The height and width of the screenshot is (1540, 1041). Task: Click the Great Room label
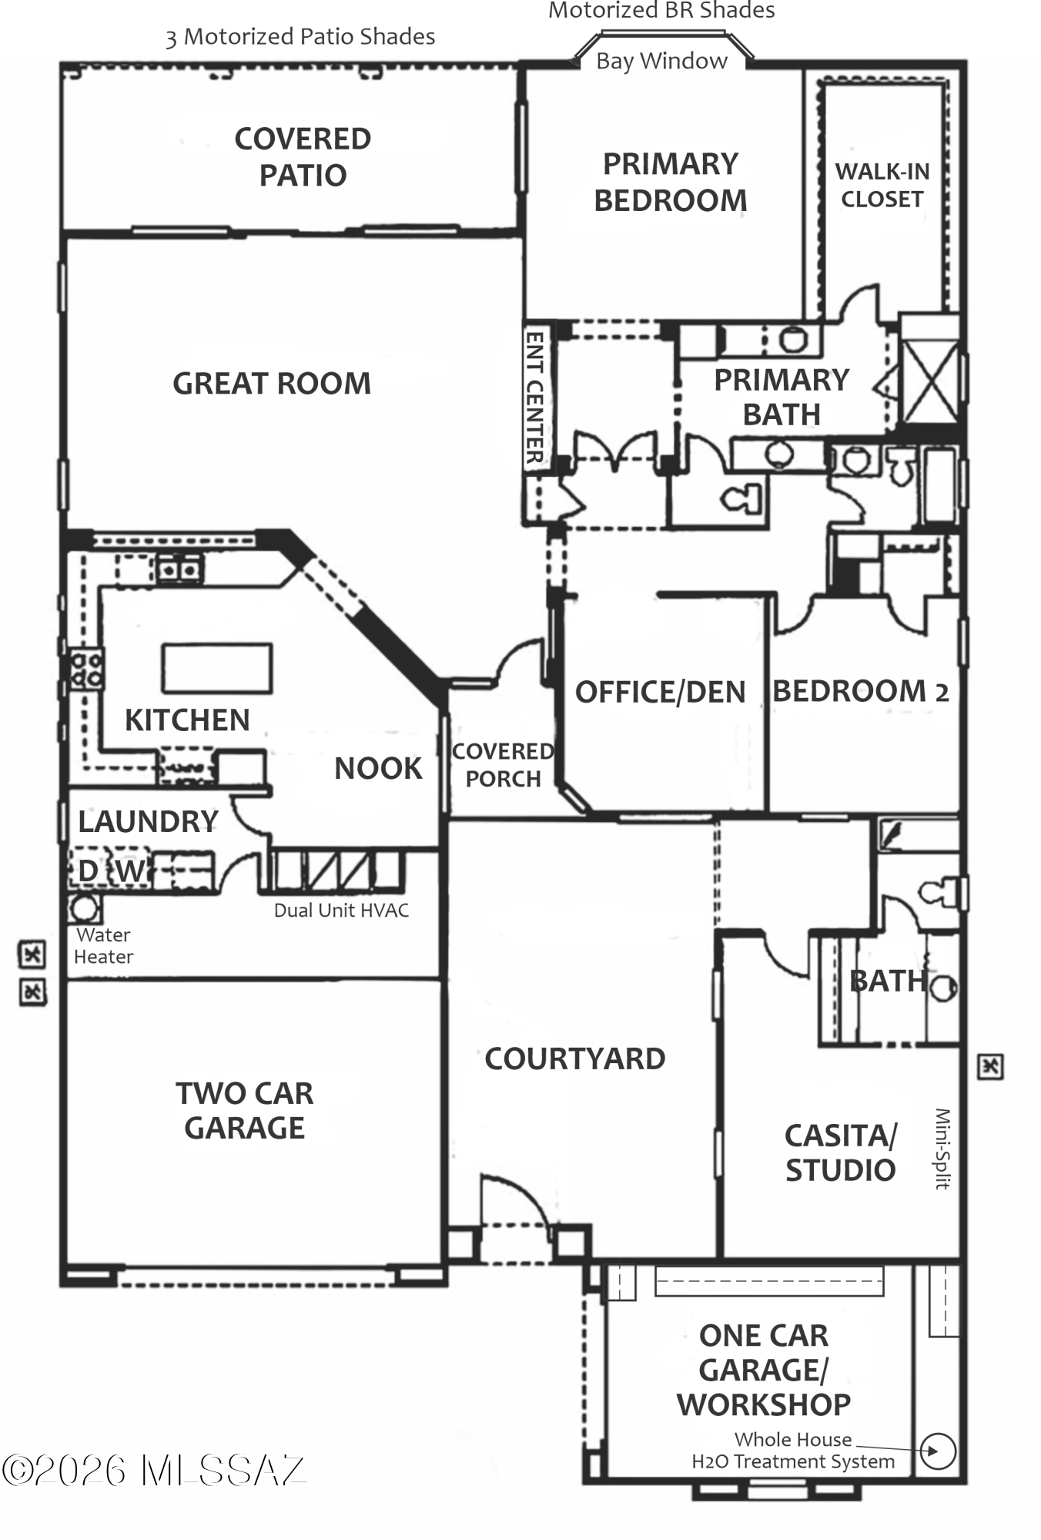pyautogui.click(x=272, y=383)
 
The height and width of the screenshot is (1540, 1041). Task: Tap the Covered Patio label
pyautogui.click(x=303, y=157)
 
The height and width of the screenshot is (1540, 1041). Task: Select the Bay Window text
pyautogui.click(x=661, y=61)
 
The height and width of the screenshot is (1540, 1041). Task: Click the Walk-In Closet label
pyautogui.click(x=882, y=185)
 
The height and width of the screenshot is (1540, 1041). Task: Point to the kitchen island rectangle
pyautogui.click(x=217, y=668)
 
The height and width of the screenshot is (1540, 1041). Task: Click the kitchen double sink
pyautogui.click(x=179, y=570)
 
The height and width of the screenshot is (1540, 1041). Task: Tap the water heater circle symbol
pyautogui.click(x=84, y=908)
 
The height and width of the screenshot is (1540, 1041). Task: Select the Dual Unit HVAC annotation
pyautogui.click(x=341, y=911)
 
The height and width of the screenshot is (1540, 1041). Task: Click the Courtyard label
pyautogui.click(x=575, y=1059)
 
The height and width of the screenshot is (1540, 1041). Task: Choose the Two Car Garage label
pyautogui.click(x=245, y=1110)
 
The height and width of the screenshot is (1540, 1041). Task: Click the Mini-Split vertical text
pyautogui.click(x=943, y=1148)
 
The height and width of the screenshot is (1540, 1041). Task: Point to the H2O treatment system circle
pyautogui.click(x=938, y=1451)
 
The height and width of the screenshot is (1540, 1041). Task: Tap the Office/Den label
pyautogui.click(x=661, y=692)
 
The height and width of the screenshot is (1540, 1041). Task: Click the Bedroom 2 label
pyautogui.click(x=861, y=690)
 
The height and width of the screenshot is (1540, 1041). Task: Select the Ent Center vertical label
pyautogui.click(x=534, y=398)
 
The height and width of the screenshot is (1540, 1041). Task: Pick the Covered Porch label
pyautogui.click(x=503, y=765)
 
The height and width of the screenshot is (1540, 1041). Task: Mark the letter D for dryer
pyautogui.click(x=88, y=871)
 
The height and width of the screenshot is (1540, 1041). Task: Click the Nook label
pyautogui.click(x=378, y=768)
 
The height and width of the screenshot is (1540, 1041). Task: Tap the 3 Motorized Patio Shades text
pyautogui.click(x=300, y=37)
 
